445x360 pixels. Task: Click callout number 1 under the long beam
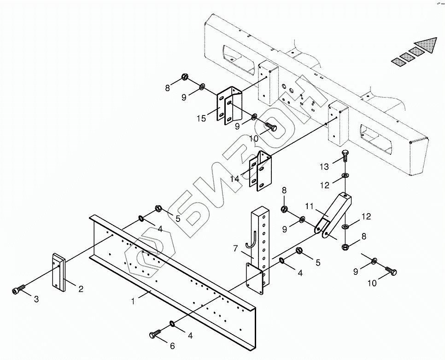pos(133,301)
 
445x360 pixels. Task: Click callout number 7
pos(235,249)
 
